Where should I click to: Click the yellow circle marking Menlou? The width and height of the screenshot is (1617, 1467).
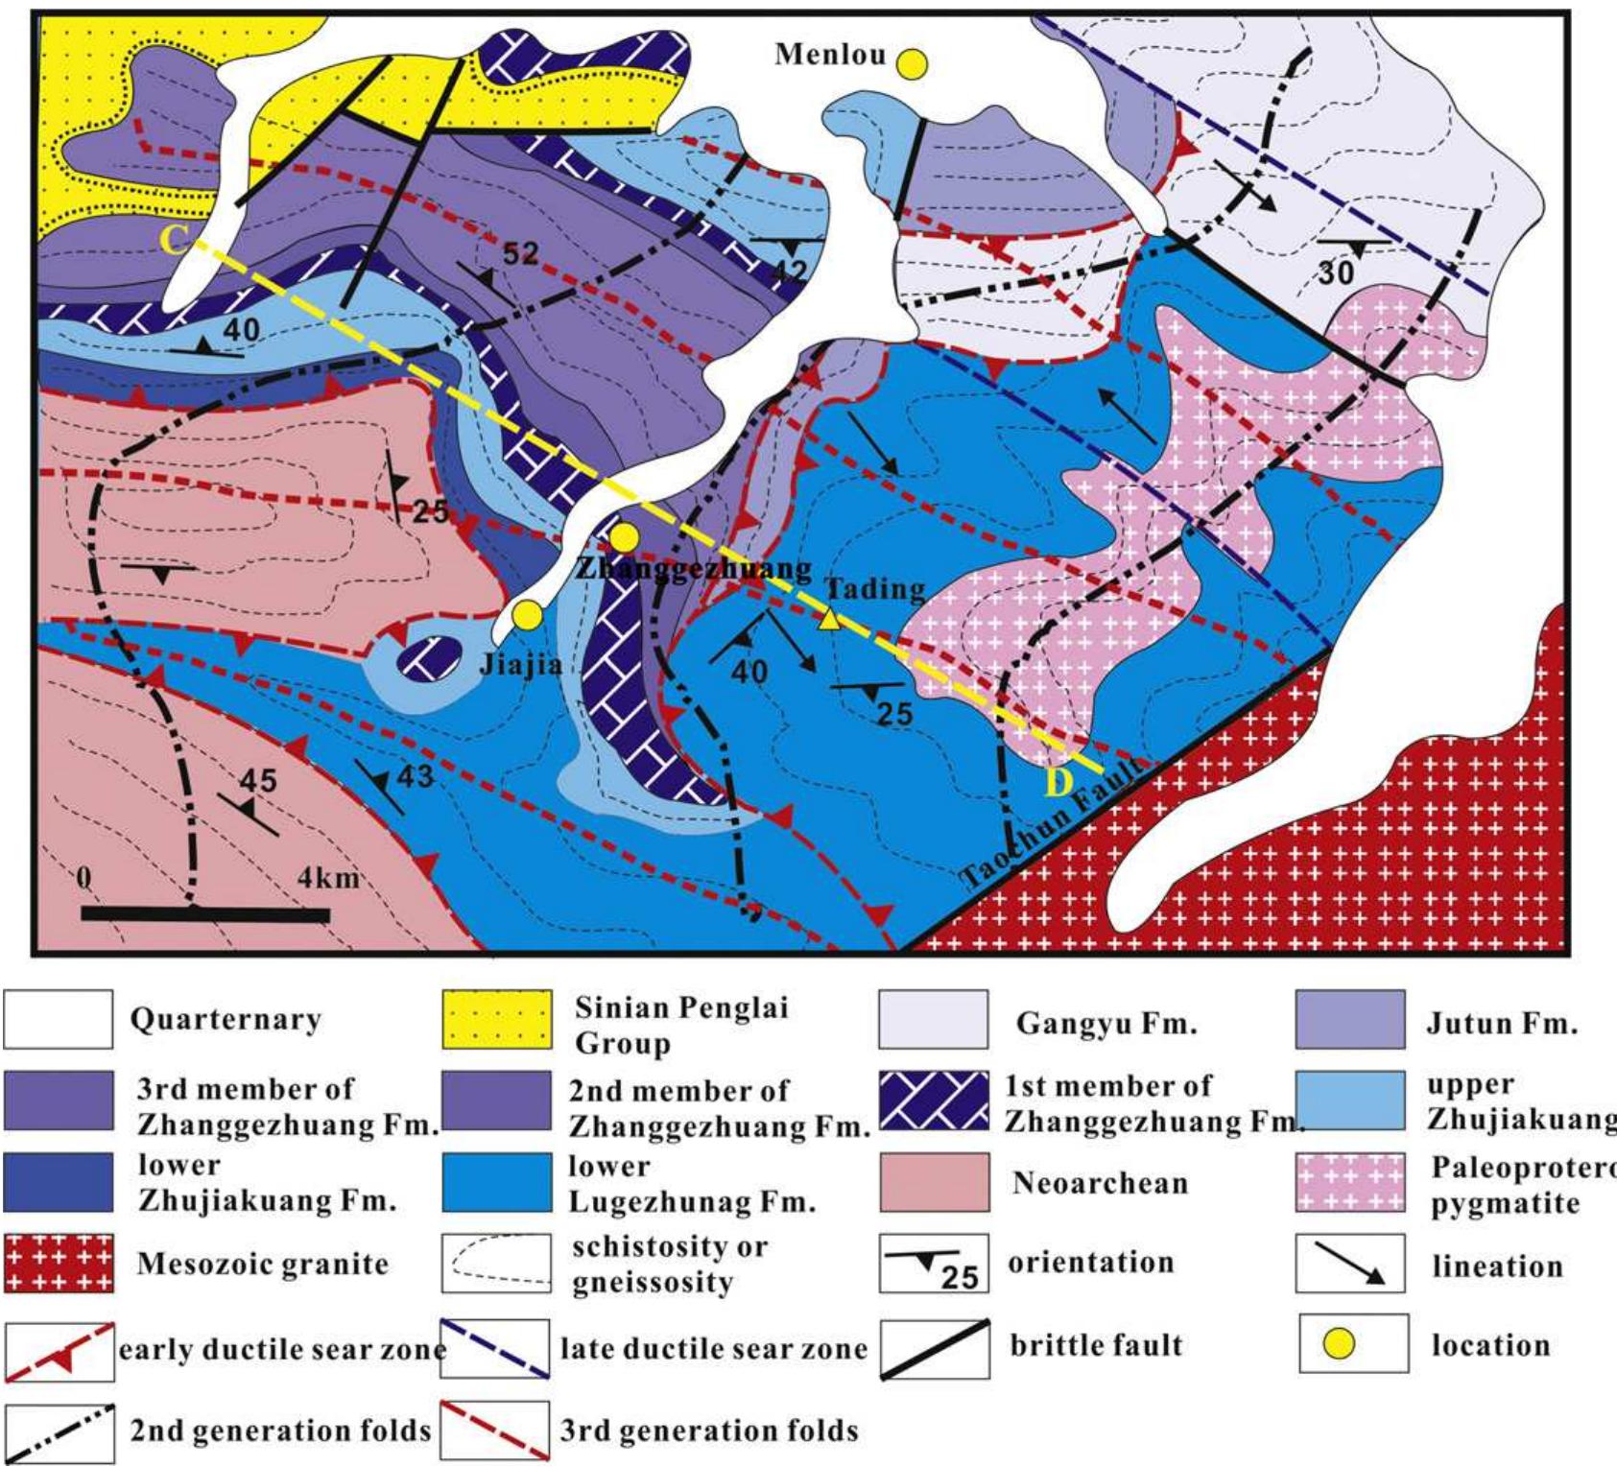912,64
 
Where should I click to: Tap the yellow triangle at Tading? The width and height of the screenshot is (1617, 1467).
831,621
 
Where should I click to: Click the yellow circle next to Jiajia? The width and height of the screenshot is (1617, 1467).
525,615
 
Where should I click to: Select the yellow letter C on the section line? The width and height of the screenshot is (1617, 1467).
174,240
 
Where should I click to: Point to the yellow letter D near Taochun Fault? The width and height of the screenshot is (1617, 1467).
1058,784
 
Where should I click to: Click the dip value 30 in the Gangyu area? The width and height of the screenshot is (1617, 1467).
1336,273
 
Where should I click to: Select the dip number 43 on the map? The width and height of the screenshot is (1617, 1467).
415,775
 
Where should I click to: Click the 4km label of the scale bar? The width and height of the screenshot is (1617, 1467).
326,878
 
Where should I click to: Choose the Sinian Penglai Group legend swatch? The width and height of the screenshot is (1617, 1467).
496,1020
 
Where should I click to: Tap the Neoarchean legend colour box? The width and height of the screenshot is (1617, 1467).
933,1183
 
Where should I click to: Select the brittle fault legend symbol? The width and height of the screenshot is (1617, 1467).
935,1348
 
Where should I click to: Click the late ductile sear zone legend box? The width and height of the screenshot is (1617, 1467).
495,1350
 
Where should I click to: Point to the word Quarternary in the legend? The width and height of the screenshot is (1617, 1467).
225,1020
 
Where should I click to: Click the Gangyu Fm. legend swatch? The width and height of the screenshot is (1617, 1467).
933,1020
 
